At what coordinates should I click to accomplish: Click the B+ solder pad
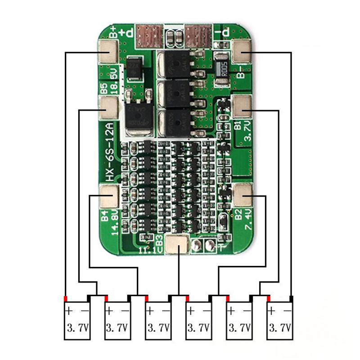(108, 52)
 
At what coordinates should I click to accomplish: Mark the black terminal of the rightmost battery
(292, 299)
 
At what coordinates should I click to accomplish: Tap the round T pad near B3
(196, 246)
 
